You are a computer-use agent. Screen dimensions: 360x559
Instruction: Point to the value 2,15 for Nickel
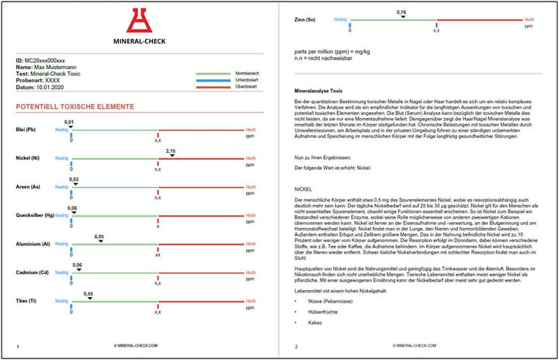tap(171, 152)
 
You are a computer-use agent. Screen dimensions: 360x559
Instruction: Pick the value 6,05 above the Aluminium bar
tap(99, 236)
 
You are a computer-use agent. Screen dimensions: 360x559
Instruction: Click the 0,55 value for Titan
tap(90, 293)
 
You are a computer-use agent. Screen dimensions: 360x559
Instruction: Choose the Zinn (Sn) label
tap(306, 19)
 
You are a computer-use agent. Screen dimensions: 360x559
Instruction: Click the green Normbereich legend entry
tap(245, 73)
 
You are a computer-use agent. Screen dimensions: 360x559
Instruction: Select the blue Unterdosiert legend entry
tap(245, 81)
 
